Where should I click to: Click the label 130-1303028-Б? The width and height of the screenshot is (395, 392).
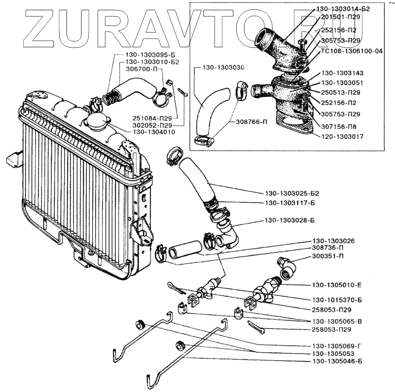pos(289,220)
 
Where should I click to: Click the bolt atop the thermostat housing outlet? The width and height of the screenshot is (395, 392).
pos(303,44)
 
